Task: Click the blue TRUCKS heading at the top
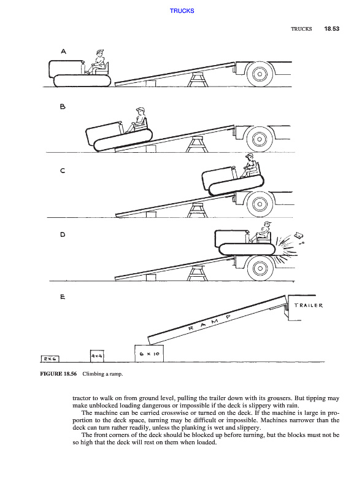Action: click(x=182, y=10)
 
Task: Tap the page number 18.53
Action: click(x=331, y=29)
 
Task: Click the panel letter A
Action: click(x=64, y=52)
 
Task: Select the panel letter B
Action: click(x=63, y=107)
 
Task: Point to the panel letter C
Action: click(x=63, y=171)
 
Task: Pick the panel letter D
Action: click(x=63, y=234)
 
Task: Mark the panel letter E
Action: click(x=63, y=296)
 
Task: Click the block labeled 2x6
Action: click(x=50, y=359)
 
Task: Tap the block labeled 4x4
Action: click(x=97, y=356)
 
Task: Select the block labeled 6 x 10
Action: click(x=149, y=354)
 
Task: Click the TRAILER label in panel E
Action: click(x=309, y=305)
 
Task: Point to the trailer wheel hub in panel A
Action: click(x=260, y=74)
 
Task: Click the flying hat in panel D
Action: click(x=299, y=234)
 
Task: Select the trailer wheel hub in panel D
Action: click(x=260, y=268)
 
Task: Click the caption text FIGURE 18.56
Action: click(x=58, y=374)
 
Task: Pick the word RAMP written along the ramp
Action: click(x=210, y=323)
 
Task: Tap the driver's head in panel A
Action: click(x=100, y=53)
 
